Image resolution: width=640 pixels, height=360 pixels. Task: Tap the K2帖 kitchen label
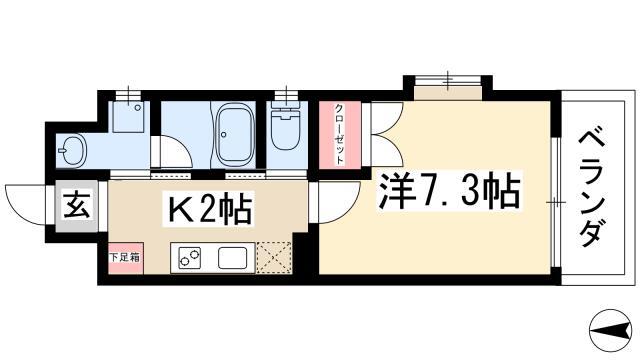tap(208, 208)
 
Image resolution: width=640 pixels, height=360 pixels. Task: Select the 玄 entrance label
tap(77, 206)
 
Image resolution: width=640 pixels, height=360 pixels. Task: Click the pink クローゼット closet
tap(340, 135)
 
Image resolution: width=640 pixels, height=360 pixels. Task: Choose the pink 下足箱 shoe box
tap(126, 258)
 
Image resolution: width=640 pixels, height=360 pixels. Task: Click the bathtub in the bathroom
tap(233, 134)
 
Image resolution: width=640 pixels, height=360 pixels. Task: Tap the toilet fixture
tap(286, 126)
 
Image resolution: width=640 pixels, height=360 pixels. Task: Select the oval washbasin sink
tap(71, 150)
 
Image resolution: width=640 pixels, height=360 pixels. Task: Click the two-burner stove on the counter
tap(189, 258)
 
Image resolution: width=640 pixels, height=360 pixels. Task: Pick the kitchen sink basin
tap(232, 258)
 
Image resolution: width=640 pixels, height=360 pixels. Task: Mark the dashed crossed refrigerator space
tap(274, 257)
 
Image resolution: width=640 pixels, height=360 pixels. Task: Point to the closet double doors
tap(387, 135)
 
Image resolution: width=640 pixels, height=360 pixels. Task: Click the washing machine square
tap(129, 117)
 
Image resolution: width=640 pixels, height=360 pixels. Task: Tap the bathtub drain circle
tap(223, 134)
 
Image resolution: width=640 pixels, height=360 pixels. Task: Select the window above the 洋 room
tap(448, 81)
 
